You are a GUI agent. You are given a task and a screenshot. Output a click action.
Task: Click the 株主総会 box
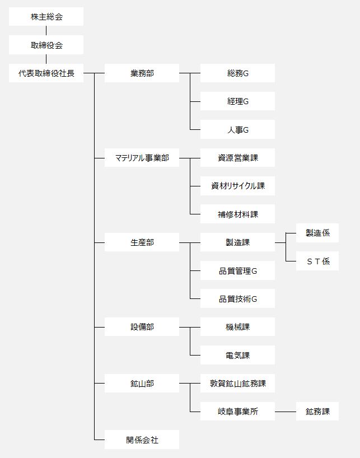point(46,17)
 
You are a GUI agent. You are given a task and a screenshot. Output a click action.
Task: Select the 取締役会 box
point(46,45)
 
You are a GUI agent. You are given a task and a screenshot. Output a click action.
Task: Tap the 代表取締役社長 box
point(46,73)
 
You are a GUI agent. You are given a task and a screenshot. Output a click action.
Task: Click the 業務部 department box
point(142,73)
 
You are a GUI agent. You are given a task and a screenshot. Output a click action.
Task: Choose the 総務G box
point(237,73)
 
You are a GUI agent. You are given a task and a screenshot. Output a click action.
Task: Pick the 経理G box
point(237,101)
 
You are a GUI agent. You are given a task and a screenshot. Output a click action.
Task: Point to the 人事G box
point(237,129)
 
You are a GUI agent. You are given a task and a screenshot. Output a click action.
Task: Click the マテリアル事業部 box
point(142,158)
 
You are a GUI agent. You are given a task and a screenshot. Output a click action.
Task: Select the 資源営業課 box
point(237,158)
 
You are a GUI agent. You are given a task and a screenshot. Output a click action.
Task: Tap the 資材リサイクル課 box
point(237,186)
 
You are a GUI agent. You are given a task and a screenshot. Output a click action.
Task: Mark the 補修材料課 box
point(237,214)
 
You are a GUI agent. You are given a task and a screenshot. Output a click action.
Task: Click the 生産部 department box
point(142,242)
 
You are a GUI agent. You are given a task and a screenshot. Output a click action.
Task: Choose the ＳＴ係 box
point(317,261)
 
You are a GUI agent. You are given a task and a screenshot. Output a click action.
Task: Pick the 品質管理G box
point(237,271)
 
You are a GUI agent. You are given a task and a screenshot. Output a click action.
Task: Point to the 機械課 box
point(237,327)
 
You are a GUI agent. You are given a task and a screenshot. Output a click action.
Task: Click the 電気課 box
point(237,355)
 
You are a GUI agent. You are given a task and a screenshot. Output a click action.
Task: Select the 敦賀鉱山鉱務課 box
point(237,383)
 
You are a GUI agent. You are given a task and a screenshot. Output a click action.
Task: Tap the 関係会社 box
point(142,440)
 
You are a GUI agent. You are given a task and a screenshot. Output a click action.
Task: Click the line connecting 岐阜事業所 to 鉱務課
point(286,412)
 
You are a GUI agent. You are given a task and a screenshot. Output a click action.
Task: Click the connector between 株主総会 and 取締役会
point(46,30)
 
